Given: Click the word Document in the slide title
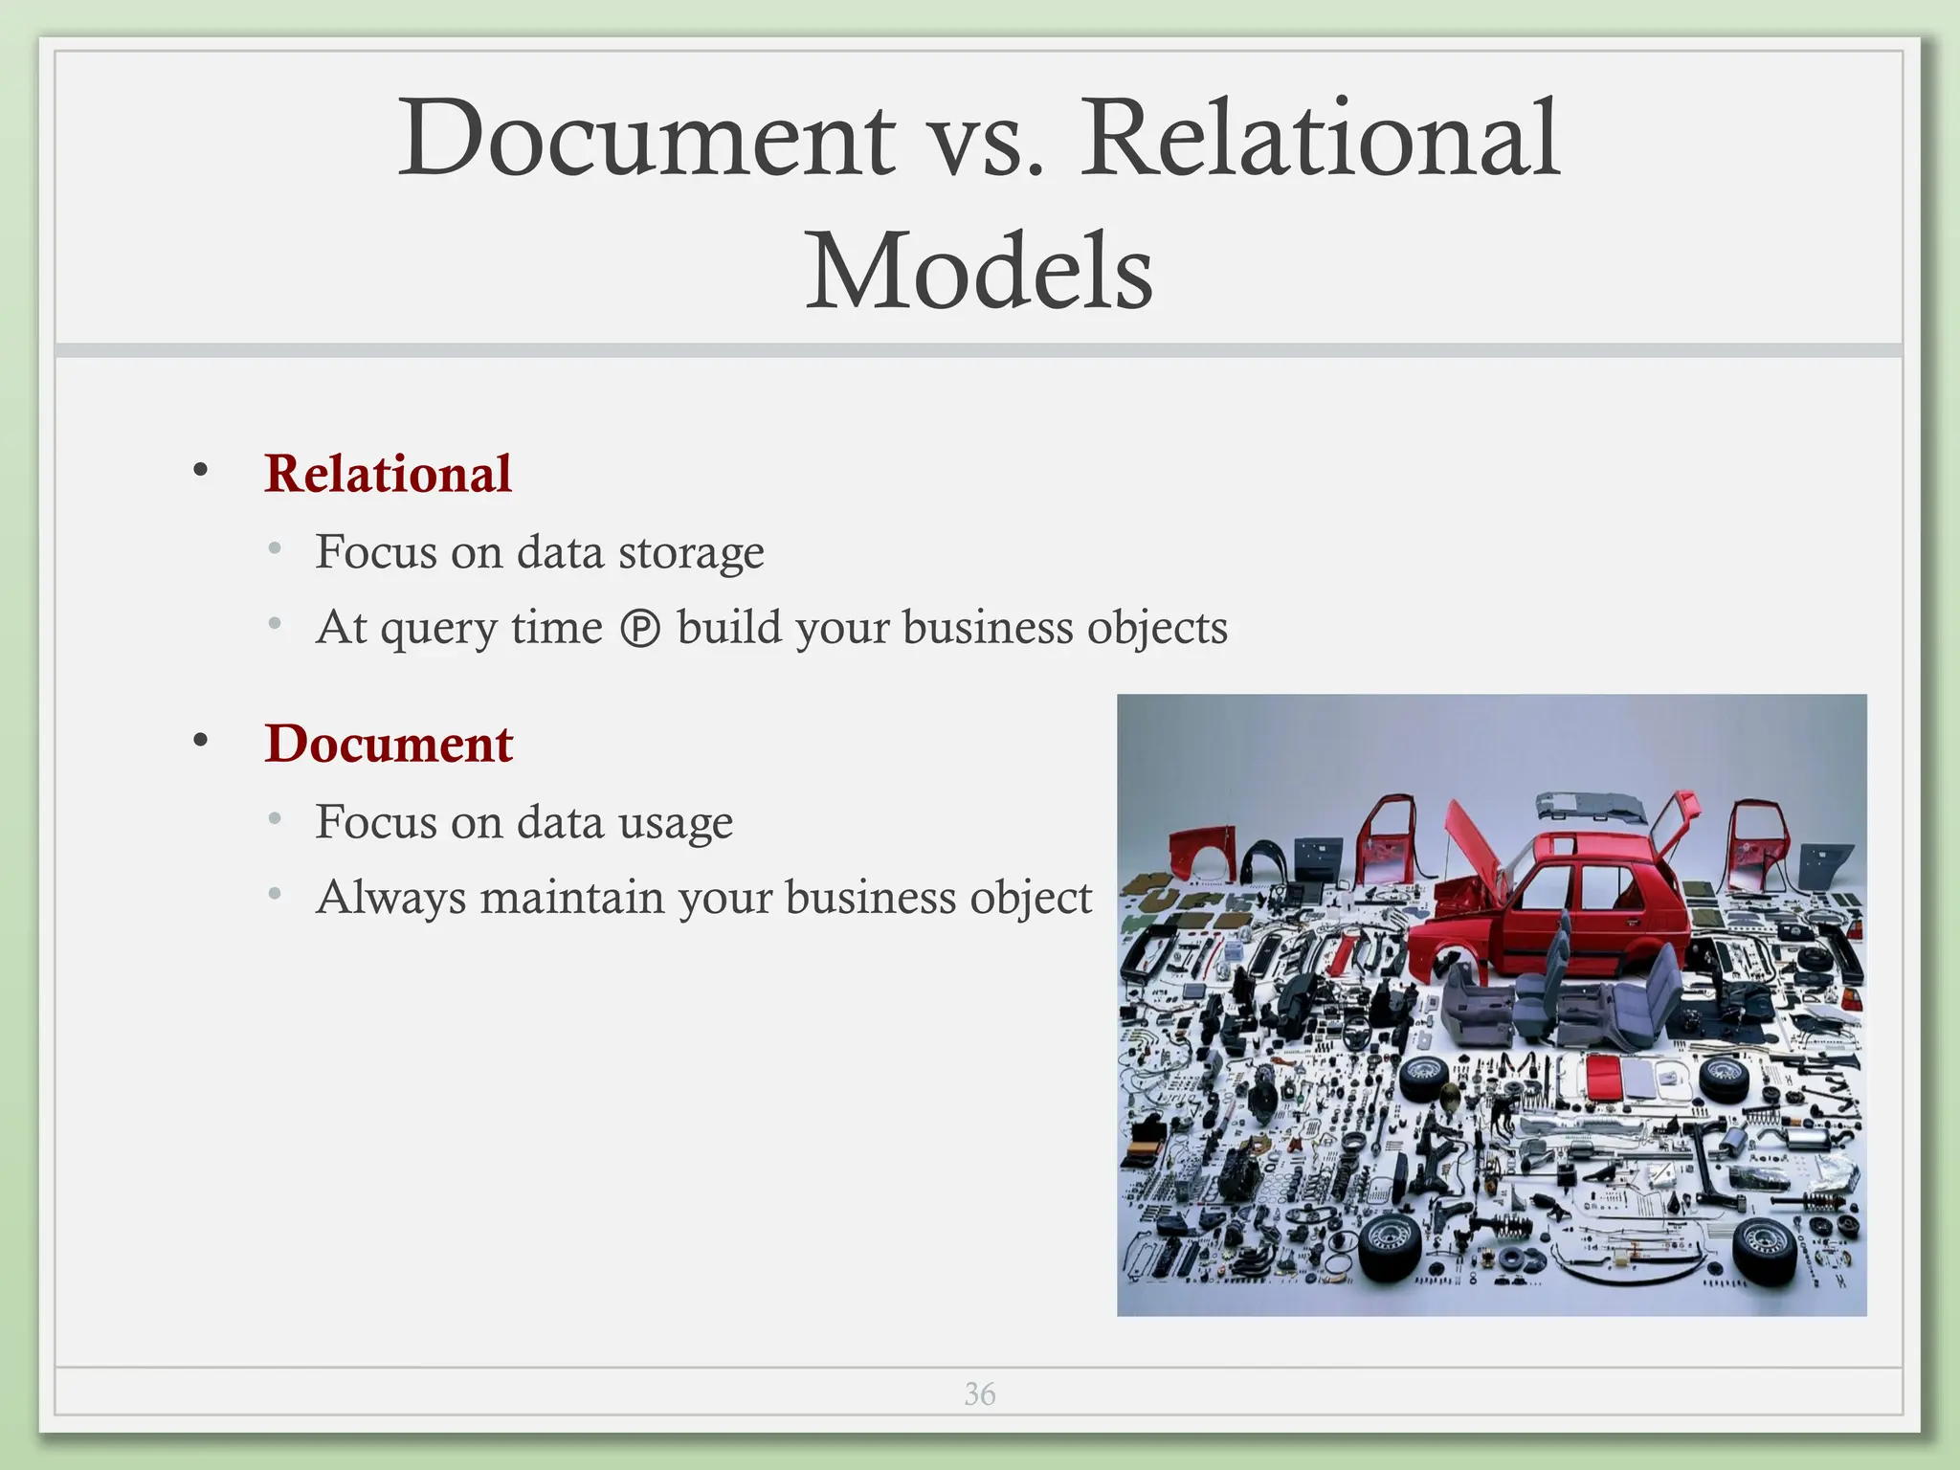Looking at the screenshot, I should click(647, 139).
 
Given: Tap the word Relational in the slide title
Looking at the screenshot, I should click(1321, 139).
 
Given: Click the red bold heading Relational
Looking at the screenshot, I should click(389, 474).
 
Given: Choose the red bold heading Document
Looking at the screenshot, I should click(389, 744).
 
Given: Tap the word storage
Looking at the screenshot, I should click(691, 553).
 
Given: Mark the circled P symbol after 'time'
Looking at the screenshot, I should click(640, 630).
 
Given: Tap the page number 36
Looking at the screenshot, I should click(979, 1394).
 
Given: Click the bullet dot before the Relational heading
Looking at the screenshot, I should click(200, 470).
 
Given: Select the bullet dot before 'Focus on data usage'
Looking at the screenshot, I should click(276, 819).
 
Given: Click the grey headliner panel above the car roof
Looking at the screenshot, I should click(1593, 809).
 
